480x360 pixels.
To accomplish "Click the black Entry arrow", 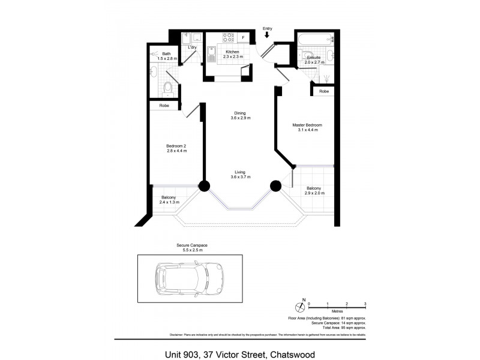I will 267,35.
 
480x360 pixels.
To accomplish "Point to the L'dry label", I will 193,47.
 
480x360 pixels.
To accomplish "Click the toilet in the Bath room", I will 169,90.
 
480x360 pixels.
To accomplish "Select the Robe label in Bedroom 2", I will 164,106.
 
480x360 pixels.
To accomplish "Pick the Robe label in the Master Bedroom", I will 324,91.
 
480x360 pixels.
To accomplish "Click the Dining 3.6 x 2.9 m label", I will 239,115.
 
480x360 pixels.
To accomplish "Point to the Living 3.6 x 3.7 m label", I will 239,174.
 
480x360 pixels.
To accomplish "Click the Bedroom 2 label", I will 176,148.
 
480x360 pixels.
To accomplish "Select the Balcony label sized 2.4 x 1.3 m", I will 169,200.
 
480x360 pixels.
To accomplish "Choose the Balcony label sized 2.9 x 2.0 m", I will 315,190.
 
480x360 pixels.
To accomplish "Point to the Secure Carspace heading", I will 191,245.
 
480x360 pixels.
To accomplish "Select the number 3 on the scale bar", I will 365,304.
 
